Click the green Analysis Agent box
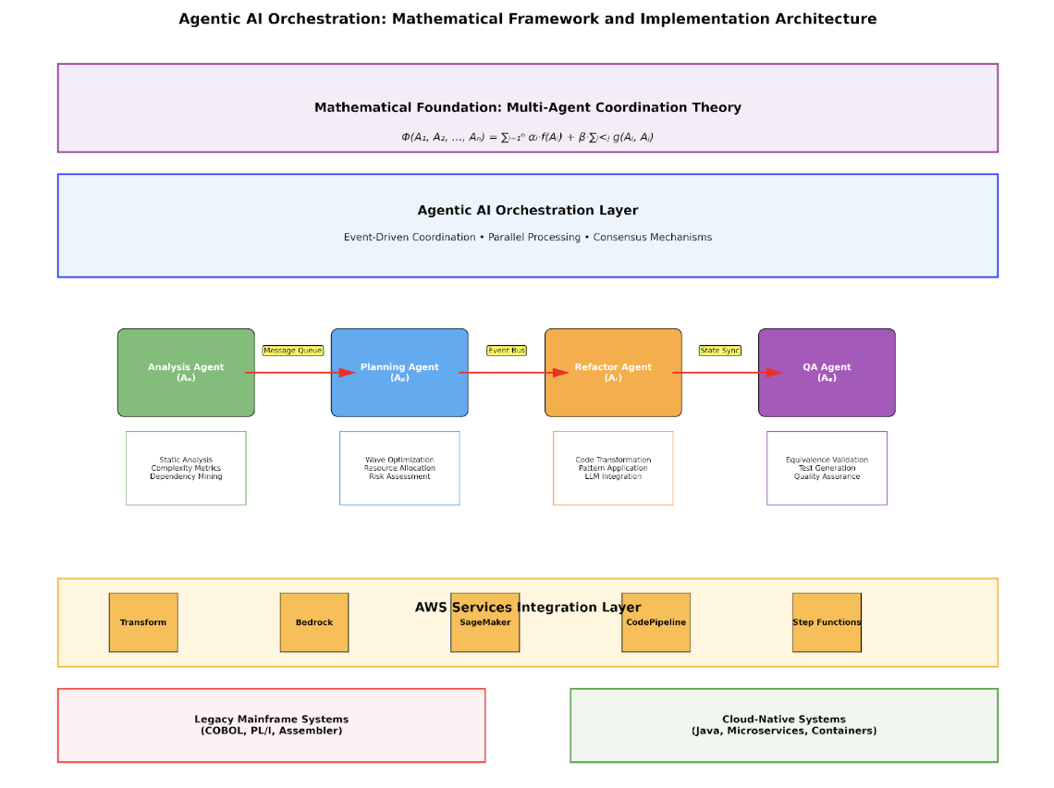pyautogui.click(x=186, y=373)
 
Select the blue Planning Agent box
pyautogui.click(x=399, y=373)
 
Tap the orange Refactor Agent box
pyautogui.click(x=613, y=373)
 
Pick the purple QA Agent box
pyautogui.click(x=827, y=373)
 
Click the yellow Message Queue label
pyautogui.click(x=293, y=351)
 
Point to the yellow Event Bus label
pyautogui.click(x=507, y=351)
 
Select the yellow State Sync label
pyautogui.click(x=720, y=351)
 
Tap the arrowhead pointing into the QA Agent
pyautogui.click(x=775, y=373)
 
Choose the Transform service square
pyautogui.click(x=143, y=622)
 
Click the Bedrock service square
pyautogui.click(x=314, y=622)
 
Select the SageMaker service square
pyautogui.click(x=485, y=622)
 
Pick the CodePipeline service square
pyautogui.click(x=656, y=622)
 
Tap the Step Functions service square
pyautogui.click(x=827, y=622)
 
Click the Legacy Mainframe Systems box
pyautogui.click(x=272, y=725)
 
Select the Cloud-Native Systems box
pyautogui.click(x=784, y=725)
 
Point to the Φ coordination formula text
pyautogui.click(x=527, y=137)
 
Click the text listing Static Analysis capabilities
pyautogui.click(x=186, y=468)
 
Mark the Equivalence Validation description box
pyautogui.click(x=827, y=468)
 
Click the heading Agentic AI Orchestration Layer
pyautogui.click(x=528, y=211)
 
